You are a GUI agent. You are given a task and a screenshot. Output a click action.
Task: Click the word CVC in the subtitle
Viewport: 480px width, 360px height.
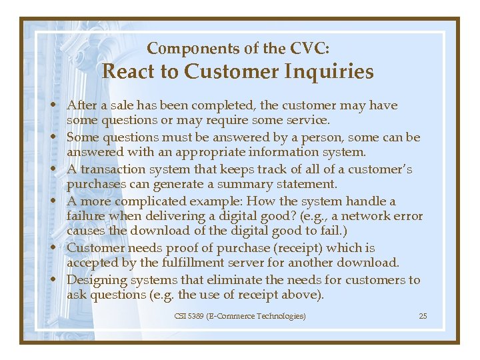[x=309, y=49]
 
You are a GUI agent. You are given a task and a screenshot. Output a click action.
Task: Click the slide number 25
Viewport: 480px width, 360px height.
[x=423, y=315]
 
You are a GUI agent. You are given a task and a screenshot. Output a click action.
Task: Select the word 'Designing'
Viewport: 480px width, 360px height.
[x=95, y=280]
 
